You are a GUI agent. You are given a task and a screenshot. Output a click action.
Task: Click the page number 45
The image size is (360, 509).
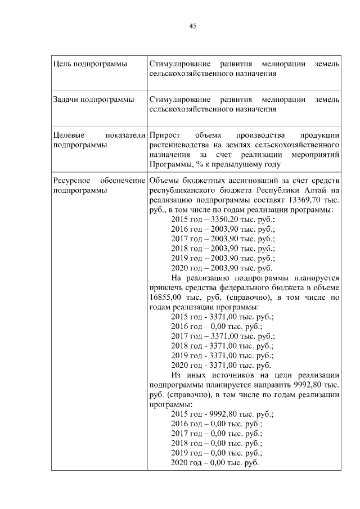click(192, 26)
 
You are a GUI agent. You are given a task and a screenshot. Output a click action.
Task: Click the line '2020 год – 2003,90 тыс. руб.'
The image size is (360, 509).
click(222, 267)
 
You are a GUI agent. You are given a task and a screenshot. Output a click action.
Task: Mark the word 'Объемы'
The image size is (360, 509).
click(164, 181)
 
